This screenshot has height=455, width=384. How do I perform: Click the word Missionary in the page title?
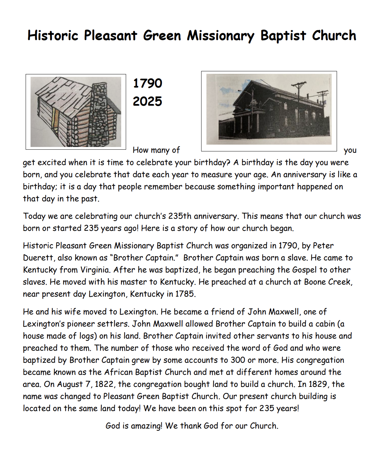221,36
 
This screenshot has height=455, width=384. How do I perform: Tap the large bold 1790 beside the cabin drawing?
147,83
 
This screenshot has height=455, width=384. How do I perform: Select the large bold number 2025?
147,101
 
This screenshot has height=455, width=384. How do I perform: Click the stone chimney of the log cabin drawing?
100,111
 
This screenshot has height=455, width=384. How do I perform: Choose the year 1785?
185,294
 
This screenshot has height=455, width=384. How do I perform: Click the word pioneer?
81,324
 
